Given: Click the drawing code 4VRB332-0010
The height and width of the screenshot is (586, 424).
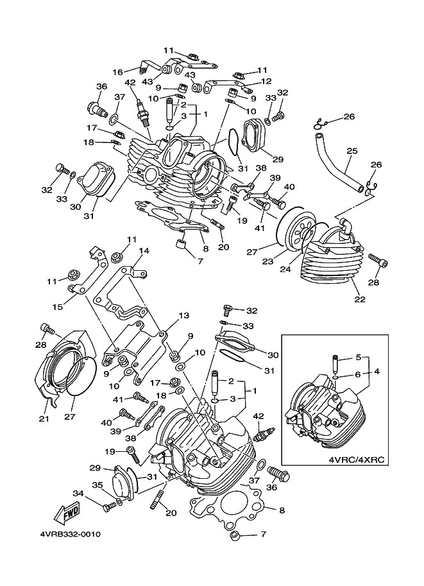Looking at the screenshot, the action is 70,535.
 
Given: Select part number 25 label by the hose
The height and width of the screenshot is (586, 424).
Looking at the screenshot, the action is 352,151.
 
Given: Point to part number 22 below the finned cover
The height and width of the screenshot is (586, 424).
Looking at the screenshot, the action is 360,299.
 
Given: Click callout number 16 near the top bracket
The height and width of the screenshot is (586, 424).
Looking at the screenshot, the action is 117,72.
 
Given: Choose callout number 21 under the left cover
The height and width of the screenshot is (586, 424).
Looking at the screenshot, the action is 44,419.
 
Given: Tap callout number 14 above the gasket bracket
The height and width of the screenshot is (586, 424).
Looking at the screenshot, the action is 144,251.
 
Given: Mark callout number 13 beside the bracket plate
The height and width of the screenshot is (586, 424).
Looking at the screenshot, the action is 184,316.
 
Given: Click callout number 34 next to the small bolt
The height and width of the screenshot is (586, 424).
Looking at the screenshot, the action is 78,494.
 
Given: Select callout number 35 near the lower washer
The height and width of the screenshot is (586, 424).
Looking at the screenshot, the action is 98,485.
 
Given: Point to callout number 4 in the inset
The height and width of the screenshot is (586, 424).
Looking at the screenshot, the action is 377,372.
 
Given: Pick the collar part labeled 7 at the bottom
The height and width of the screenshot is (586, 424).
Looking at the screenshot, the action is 235,535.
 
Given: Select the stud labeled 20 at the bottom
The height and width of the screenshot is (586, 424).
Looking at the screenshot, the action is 155,499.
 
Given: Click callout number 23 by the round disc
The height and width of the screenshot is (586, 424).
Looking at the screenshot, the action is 268,262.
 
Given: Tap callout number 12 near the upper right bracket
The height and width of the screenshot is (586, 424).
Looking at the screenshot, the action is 266,81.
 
